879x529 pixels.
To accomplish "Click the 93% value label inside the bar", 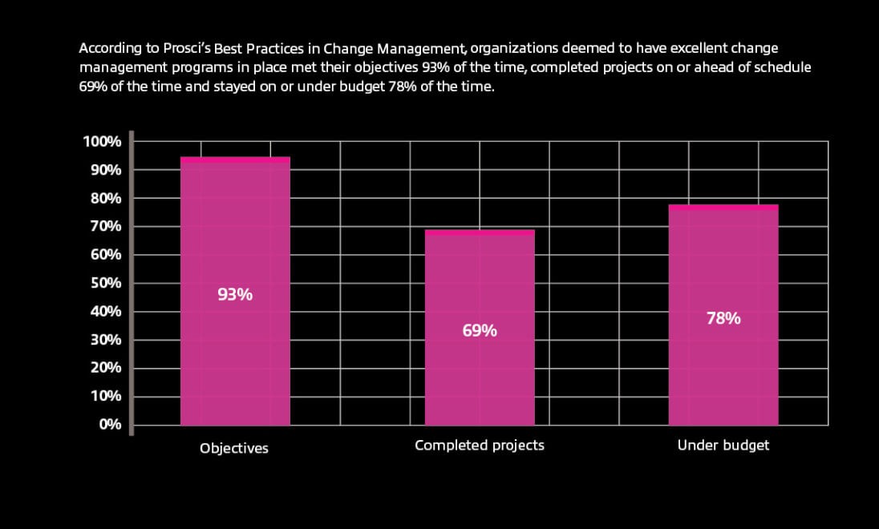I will point(235,294).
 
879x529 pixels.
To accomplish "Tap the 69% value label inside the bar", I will point(480,330).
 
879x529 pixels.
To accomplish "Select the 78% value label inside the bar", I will point(723,318).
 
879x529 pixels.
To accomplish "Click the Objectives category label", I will point(234,449).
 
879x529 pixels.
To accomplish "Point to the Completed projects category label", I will point(480,445).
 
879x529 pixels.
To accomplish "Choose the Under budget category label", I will point(723,445).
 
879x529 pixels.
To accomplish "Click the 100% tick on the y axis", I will point(102,142).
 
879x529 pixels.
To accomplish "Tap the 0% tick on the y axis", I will point(110,424).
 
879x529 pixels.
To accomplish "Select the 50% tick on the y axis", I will point(105,283).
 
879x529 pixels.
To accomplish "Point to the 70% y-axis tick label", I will point(105,227).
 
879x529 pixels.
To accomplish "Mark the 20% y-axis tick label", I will point(105,368).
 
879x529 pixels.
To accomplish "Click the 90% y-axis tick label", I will point(105,170).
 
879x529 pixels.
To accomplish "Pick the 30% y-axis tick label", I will point(105,340).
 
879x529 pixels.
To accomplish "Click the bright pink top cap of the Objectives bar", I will point(235,160).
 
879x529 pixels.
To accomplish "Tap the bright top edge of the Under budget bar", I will point(723,207).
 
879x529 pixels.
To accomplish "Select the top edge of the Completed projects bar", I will point(480,232).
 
